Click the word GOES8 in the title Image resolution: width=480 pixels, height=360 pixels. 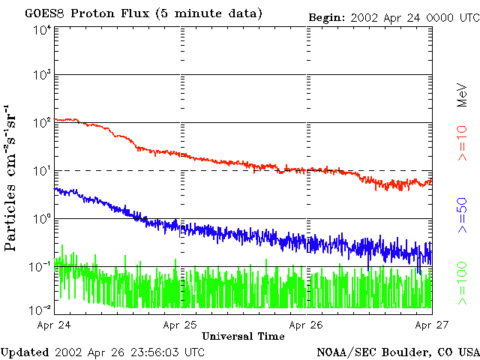(45, 13)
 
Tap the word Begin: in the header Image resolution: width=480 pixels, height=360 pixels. (327, 18)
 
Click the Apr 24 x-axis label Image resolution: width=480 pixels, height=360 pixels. (54, 325)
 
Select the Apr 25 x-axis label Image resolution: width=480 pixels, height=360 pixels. (180, 325)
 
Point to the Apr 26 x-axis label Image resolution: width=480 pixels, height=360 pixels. (306, 325)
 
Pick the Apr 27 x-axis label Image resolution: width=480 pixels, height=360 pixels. (432, 325)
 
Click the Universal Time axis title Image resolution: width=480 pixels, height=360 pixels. (243, 336)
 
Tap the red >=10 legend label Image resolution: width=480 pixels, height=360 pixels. (462, 143)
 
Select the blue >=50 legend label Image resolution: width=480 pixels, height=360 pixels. (462, 215)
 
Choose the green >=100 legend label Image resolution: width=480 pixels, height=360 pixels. (462, 283)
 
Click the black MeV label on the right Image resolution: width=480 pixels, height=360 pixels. (462, 95)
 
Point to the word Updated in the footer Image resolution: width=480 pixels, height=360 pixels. (25, 352)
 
